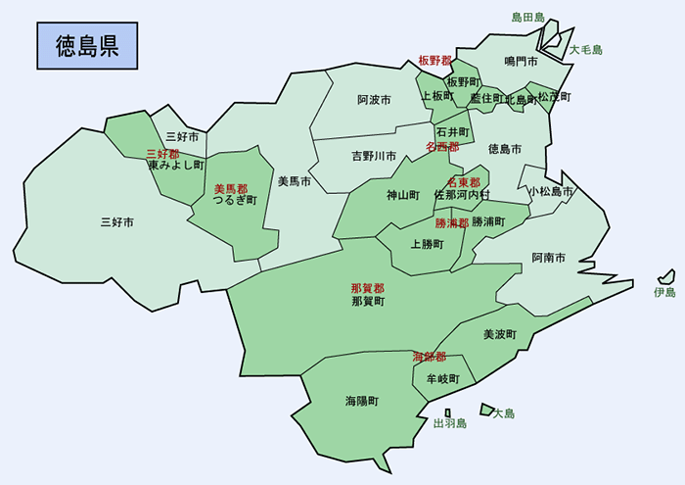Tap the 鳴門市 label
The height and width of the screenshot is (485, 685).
[x=521, y=62]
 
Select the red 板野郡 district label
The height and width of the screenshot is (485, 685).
[x=434, y=61]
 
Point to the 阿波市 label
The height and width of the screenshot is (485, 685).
[x=374, y=100]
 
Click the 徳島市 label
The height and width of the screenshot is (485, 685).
[x=504, y=149]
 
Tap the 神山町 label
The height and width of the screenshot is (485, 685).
[x=403, y=195]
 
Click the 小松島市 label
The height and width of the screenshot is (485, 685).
[x=550, y=192]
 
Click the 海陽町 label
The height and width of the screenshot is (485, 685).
[x=361, y=402]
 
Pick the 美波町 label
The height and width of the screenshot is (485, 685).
[x=499, y=334]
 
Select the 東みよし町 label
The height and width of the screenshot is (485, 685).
[x=175, y=167]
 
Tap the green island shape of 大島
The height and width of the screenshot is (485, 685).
[x=485, y=409]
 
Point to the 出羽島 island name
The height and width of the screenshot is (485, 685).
[x=450, y=424]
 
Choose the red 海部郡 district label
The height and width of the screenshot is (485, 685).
[x=429, y=357]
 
